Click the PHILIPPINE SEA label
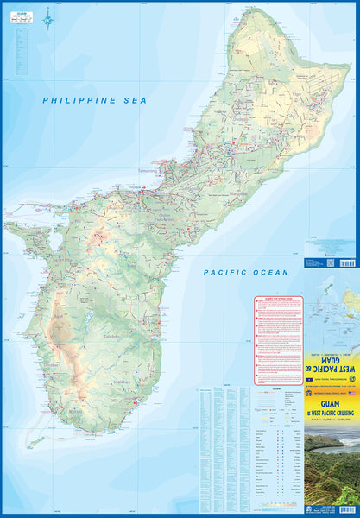point(95,101)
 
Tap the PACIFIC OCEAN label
point(246,272)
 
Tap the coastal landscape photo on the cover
point(332,466)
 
